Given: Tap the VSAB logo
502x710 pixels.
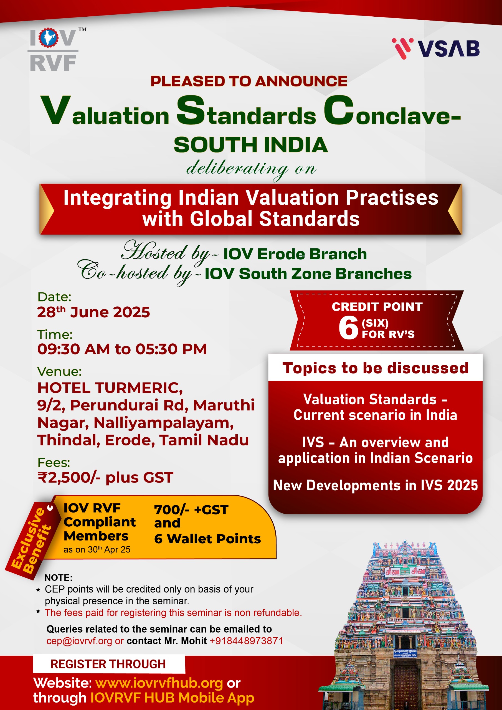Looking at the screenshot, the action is pyautogui.click(x=435, y=49).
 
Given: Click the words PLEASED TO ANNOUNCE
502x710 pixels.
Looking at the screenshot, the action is pyautogui.click(x=249, y=81).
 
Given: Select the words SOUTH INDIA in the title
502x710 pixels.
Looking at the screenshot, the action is pyautogui.click(x=250, y=145).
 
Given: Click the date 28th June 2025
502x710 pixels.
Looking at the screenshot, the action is pyautogui.click(x=93, y=312).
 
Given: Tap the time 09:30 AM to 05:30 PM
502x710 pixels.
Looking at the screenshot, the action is pyautogui.click(x=122, y=349).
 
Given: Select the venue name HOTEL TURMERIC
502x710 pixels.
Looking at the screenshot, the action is pyautogui.click(x=110, y=388).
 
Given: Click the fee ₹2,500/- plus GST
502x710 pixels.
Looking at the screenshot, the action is pyautogui.click(x=105, y=478).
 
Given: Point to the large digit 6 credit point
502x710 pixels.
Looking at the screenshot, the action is pyautogui.click(x=348, y=328).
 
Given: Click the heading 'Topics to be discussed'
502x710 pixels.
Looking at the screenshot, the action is pyautogui.click(x=375, y=368).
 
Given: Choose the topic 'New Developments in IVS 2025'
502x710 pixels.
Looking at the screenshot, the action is pyautogui.click(x=375, y=485).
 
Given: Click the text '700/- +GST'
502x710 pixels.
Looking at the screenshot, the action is pyautogui.click(x=191, y=509).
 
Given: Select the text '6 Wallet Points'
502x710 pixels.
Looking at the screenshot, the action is pyautogui.click(x=207, y=539).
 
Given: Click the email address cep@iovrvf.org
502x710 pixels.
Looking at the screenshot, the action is pyautogui.click(x=79, y=641).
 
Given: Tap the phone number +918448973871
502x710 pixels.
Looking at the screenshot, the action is pyautogui.click(x=246, y=641).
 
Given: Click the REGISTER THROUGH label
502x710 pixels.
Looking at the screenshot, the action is pyautogui.click(x=108, y=664).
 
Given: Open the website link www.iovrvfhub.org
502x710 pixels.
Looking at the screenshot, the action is pyautogui.click(x=159, y=683).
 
